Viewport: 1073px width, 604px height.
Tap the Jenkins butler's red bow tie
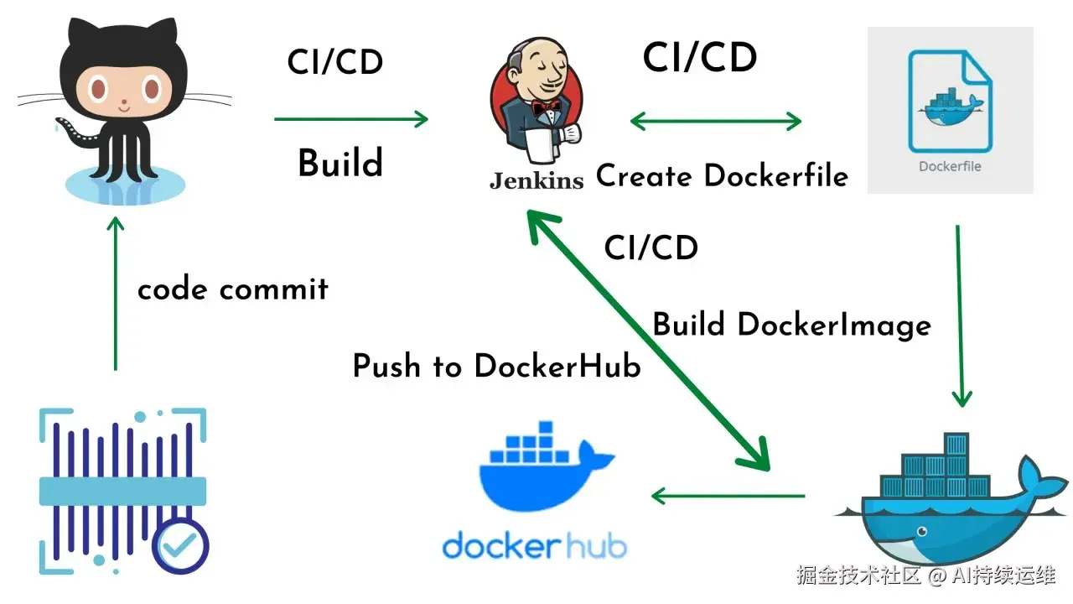548,107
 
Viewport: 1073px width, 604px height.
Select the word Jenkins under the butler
536,180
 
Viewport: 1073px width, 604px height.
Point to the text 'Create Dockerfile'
722,176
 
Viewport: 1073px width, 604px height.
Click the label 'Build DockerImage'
791,325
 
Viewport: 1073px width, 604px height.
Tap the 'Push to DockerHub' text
496,367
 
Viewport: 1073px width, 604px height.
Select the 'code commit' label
233,289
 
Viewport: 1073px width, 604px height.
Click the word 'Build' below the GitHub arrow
340,164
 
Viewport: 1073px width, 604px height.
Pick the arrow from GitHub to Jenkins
350,119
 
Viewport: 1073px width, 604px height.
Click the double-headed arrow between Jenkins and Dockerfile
715,122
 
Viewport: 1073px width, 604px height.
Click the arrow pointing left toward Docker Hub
728,496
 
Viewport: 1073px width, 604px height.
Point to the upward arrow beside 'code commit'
116,294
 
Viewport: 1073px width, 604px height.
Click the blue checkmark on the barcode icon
180,546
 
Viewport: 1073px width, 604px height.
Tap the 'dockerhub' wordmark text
534,546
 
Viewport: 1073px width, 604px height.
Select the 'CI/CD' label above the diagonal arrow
651,248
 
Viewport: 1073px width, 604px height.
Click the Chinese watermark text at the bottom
925,575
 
